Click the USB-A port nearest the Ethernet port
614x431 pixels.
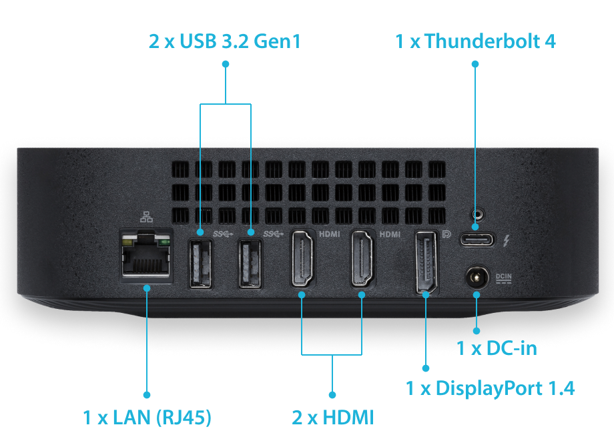point(200,264)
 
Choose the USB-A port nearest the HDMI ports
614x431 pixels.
point(250,264)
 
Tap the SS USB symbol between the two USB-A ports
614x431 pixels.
point(224,234)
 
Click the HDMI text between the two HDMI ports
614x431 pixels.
point(330,234)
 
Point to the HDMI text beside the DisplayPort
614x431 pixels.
point(389,234)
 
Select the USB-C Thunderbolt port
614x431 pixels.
point(477,240)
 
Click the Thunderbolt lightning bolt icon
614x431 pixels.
point(508,240)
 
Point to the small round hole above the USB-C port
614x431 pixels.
point(476,215)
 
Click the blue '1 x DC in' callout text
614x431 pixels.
point(497,347)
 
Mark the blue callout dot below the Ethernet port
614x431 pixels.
point(147,286)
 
